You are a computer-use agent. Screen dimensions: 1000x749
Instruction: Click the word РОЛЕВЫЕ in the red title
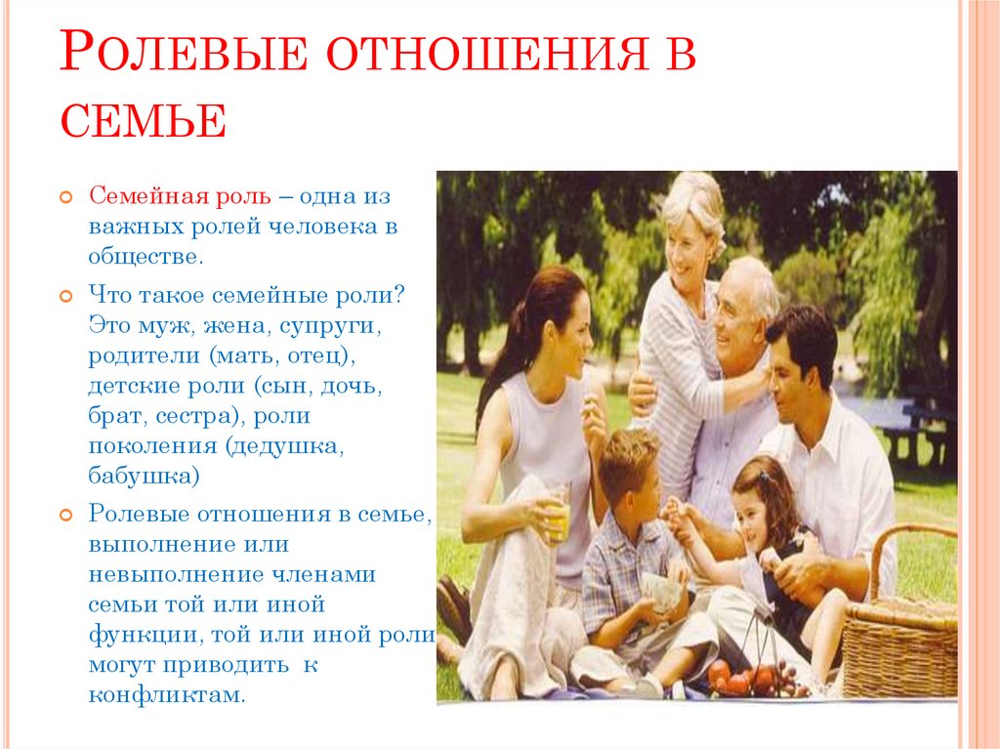[185, 51]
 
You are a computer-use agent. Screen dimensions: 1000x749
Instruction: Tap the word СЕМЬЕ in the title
[144, 120]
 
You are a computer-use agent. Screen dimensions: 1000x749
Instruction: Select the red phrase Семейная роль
[180, 196]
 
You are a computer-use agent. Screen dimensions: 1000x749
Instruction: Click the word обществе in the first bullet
[146, 257]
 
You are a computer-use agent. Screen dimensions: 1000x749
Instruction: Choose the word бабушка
[145, 476]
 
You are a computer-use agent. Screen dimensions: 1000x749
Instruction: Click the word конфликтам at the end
[167, 694]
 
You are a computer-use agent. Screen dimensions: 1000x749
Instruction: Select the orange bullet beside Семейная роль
[65, 197]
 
